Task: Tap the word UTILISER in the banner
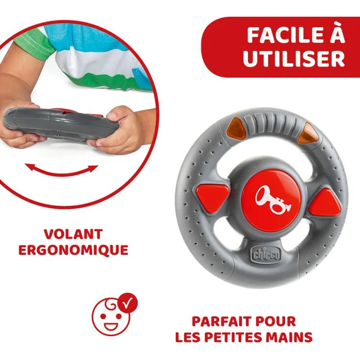coord(294,59)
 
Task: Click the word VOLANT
coord(73,234)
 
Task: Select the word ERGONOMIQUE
coord(73,250)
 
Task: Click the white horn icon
coord(273,199)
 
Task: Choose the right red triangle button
coord(326,203)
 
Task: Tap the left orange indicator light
coord(237,128)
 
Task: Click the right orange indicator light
coord(308,133)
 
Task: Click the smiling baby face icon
coord(111,316)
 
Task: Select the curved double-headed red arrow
coord(62,171)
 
